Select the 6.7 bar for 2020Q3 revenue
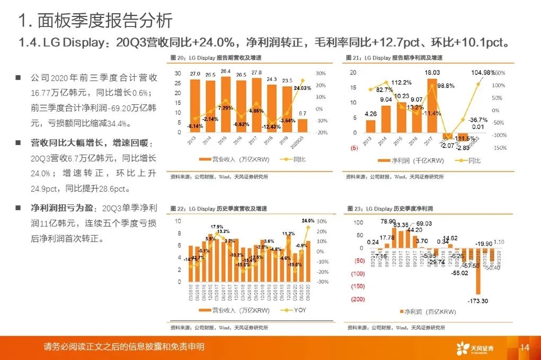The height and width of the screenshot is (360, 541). [x=303, y=125]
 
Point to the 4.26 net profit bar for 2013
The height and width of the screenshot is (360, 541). [x=370, y=125]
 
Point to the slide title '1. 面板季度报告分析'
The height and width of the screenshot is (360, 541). [x=95, y=21]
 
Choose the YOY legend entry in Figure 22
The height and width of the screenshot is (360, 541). [x=295, y=310]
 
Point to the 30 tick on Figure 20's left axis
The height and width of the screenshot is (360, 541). [x=178, y=73]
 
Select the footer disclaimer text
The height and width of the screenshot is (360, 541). [x=124, y=347]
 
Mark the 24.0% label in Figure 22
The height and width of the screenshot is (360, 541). [x=308, y=220]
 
